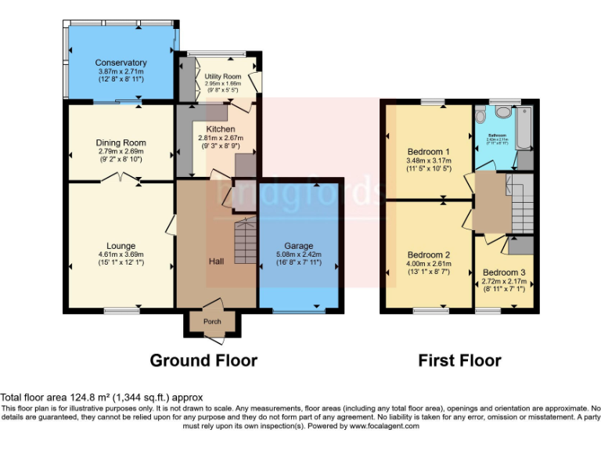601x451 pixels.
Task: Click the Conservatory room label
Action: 121,63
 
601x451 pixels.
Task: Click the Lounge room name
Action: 121,245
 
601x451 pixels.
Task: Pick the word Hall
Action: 217,261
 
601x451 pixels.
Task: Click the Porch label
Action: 212,321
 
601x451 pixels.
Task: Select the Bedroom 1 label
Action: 428,152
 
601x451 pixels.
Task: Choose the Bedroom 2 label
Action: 428,254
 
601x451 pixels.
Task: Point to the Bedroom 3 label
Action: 503,272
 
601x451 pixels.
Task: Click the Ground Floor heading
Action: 203,360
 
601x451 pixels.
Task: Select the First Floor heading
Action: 459,360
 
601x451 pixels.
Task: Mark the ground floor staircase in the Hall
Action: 245,243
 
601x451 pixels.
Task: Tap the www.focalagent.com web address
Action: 387,427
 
